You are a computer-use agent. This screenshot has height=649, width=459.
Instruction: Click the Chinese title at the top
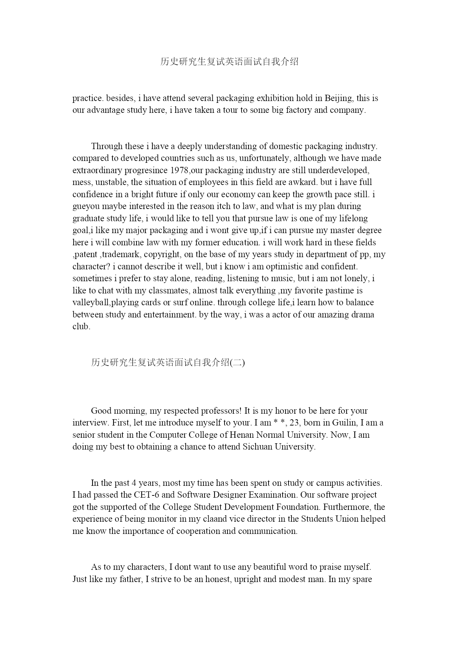[x=229, y=62]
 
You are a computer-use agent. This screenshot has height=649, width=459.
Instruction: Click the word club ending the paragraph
[x=81, y=326]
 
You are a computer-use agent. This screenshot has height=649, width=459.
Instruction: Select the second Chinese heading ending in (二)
[x=168, y=363]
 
